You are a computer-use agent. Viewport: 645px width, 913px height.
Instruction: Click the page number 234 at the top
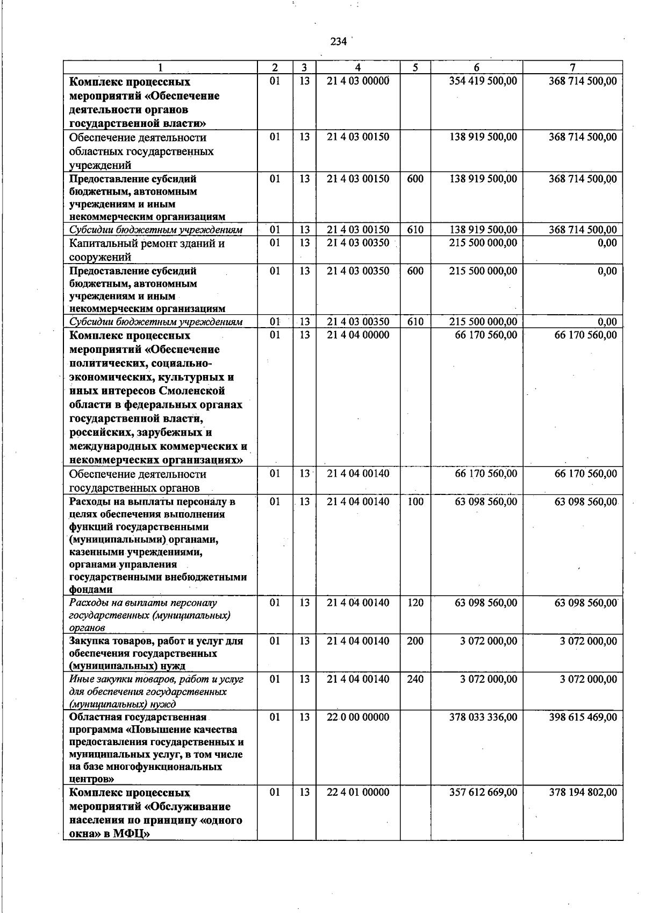pos(338,42)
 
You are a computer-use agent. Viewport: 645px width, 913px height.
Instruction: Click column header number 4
pos(357,68)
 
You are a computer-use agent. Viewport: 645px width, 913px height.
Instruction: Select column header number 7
pos(572,68)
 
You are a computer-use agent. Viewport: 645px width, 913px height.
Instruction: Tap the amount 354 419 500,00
pos(483,81)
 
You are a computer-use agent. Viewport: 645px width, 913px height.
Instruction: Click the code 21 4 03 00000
pos(357,81)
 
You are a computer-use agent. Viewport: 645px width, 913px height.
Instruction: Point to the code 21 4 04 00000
pos(357,335)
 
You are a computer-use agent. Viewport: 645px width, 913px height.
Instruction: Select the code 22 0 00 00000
pos(357,717)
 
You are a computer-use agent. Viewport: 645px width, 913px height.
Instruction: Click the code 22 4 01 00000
pos(357,792)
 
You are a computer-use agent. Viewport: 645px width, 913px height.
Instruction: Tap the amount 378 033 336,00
pos(483,717)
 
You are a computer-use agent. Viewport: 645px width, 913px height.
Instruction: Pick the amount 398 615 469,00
pos(583,717)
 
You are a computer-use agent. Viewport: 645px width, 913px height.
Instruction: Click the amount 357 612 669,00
pos(483,792)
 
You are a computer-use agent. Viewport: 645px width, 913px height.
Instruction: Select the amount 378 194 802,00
pos(583,792)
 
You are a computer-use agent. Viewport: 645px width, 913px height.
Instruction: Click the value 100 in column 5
pos(415,502)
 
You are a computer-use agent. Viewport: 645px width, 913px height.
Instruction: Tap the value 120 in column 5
pos(415,603)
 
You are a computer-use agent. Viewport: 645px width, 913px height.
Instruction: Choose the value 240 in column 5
pos(415,680)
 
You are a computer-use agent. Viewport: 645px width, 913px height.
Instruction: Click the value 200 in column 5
pos(415,641)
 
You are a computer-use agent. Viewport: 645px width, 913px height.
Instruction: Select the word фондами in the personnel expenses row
pos(91,590)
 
